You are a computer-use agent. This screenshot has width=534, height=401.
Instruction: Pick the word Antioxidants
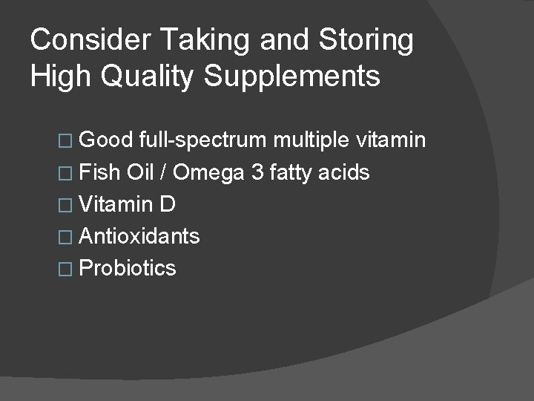[x=139, y=236]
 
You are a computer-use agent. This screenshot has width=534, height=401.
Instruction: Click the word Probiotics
[x=127, y=268]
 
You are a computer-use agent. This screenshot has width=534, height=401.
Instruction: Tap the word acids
[x=348, y=174]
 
